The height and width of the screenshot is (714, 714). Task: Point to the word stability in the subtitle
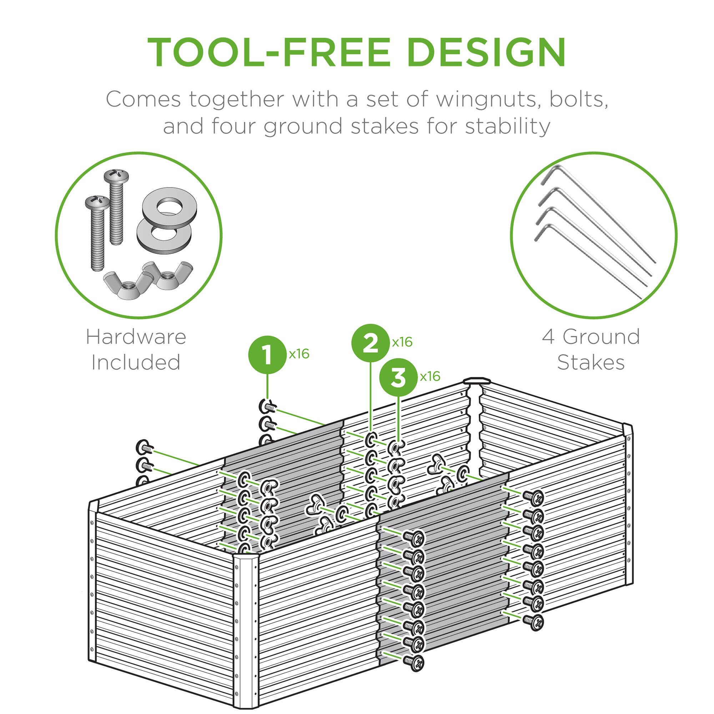pos(508,126)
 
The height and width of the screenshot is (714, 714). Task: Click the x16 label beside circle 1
pos(298,354)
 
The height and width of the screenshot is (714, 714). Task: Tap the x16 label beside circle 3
pos(430,376)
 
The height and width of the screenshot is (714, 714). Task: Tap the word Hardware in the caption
pos(136,337)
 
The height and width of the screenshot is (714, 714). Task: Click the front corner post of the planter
pos(245,628)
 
